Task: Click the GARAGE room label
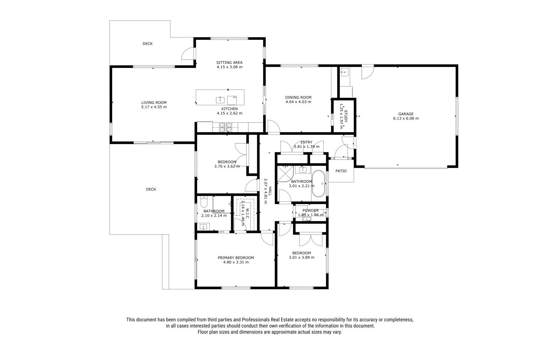[406, 114]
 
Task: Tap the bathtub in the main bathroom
[319, 184]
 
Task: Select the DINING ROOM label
[298, 98]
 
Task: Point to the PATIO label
[341, 171]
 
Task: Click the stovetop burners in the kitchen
[225, 127]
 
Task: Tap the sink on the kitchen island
[220, 100]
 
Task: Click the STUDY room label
[346, 116]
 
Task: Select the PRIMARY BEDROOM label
[236, 258]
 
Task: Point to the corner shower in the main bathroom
[285, 174]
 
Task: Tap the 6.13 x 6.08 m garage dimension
[406, 119]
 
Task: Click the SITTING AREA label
[229, 63]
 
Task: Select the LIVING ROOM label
[154, 103]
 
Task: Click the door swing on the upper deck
[187, 53]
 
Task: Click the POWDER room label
[310, 211]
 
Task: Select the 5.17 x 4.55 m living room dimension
[154, 107]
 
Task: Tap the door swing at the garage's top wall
[368, 72]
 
